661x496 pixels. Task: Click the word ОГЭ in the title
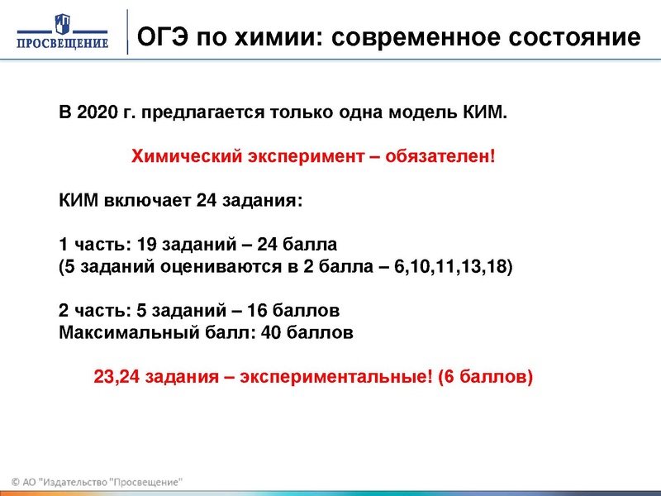coord(161,36)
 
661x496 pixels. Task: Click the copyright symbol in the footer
coord(16,482)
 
